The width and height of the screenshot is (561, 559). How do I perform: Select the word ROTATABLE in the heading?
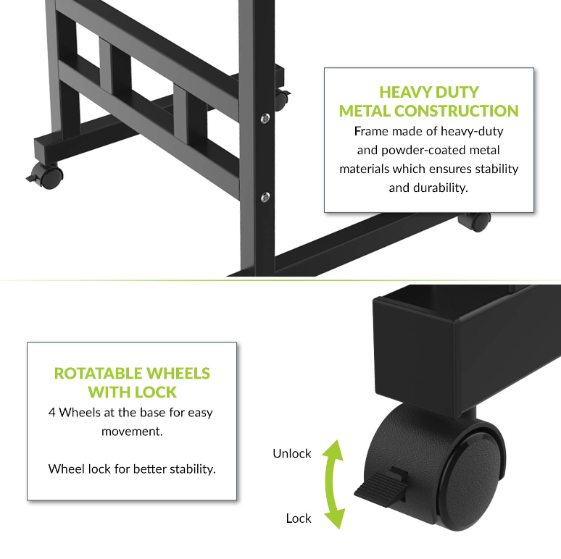98,374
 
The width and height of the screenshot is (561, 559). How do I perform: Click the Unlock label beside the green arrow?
291,453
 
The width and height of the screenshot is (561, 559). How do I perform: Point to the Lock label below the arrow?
298,518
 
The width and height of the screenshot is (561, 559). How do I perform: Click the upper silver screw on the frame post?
266,118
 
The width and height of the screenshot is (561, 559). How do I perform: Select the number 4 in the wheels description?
52,413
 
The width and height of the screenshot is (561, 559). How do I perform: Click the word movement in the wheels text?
131,431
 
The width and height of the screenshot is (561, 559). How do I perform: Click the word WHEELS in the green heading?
178,374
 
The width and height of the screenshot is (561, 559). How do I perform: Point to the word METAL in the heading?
365,111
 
